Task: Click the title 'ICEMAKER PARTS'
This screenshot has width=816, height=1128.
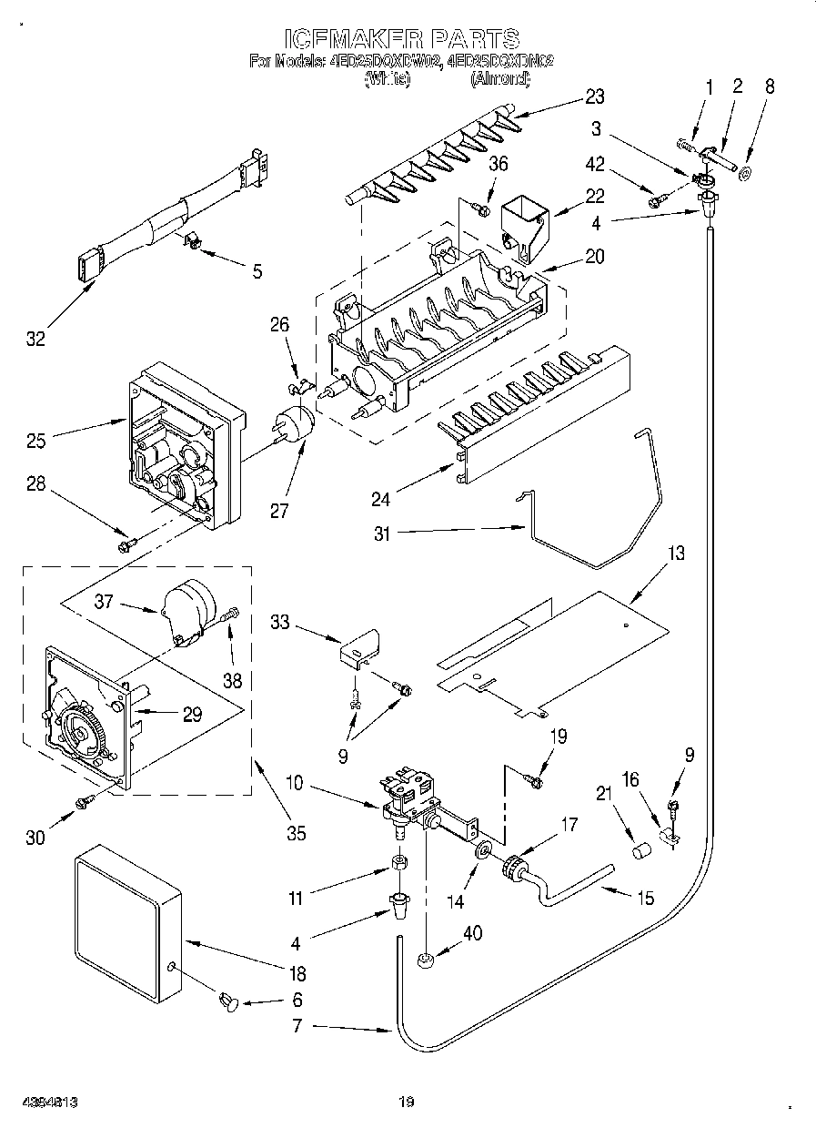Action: coord(401,38)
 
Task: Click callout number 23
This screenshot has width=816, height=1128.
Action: coord(595,97)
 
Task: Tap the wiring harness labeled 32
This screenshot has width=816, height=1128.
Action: coord(173,224)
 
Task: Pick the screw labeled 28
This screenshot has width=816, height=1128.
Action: coord(126,544)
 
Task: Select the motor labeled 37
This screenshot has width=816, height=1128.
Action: coord(192,607)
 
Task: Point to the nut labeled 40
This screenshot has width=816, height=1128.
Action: coord(424,959)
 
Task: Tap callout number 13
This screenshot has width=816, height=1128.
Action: coord(676,554)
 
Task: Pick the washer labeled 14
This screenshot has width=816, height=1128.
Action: coord(481,850)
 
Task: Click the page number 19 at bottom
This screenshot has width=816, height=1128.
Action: coord(406,1103)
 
